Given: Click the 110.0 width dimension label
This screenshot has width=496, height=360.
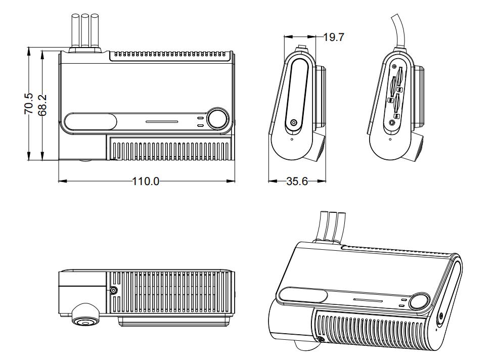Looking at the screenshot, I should [x=146, y=181].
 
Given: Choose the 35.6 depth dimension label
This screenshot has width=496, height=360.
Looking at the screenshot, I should [x=297, y=181].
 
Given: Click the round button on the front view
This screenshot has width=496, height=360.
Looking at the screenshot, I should [x=218, y=119].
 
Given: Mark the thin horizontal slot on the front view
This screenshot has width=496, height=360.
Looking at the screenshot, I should [x=162, y=122].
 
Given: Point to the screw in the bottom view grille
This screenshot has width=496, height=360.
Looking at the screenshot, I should [x=113, y=291].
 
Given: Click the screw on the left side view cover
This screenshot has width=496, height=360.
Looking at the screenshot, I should [x=294, y=123].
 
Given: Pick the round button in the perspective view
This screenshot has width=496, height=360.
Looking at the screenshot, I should [x=419, y=302].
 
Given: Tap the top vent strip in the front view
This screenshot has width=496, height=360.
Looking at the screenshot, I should [x=170, y=53].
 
